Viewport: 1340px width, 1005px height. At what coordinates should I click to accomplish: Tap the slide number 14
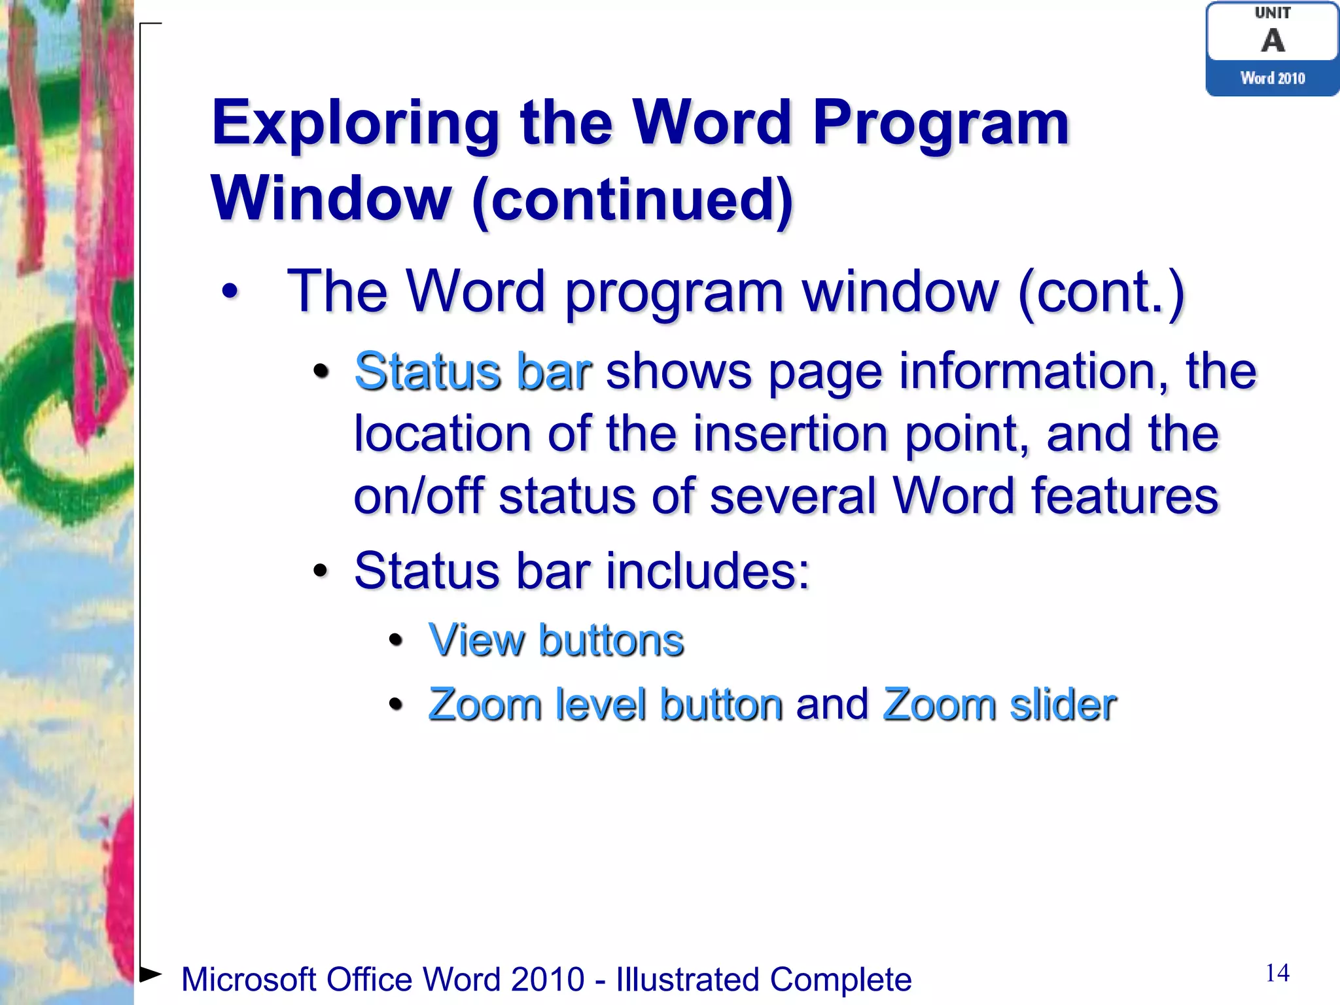(1277, 973)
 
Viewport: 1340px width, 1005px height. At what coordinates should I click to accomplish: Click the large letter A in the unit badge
(1273, 41)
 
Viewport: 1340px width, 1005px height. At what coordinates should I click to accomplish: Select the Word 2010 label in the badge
(1273, 79)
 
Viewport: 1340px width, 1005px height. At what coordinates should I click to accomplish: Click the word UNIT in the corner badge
(1273, 13)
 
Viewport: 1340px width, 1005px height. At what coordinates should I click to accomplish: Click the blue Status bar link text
(473, 372)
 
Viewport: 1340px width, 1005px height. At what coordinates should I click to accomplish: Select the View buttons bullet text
(556, 640)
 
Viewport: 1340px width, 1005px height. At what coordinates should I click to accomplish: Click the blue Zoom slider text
(999, 705)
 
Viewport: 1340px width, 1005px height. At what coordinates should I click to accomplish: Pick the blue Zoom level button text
(605, 705)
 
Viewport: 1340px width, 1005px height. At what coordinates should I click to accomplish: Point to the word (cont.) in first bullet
(1101, 292)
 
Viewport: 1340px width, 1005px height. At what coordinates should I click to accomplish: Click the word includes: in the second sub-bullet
(707, 571)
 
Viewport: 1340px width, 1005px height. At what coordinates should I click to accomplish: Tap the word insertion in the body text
(790, 434)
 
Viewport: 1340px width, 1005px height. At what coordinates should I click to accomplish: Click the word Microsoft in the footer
(249, 979)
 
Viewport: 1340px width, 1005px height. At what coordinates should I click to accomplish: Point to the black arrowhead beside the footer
(150, 974)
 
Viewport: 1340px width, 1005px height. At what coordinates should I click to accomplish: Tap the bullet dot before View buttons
(395, 641)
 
